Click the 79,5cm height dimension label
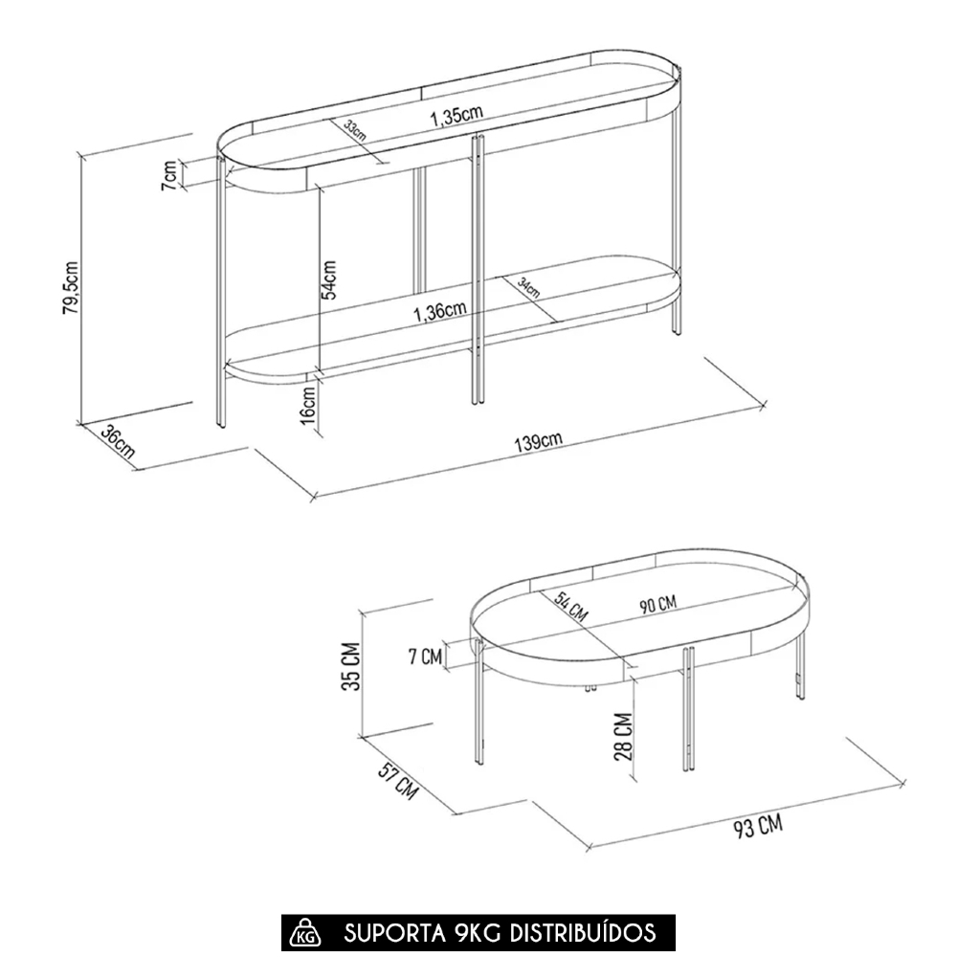coord(71,288)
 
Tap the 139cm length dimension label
coord(538,441)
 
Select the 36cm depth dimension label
coord(117,442)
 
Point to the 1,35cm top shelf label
coord(456,116)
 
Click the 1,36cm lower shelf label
coord(440,311)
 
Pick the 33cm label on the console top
coord(355,130)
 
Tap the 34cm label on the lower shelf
coord(528,287)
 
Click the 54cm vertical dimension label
coord(328,279)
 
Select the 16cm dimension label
coord(308,405)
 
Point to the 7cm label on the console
coord(169,175)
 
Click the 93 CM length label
coord(757,827)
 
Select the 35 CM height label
coord(351,666)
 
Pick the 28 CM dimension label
coord(623,737)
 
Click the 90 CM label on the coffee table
coord(658,605)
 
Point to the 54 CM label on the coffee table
coord(571,607)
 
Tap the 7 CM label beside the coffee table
coord(426,657)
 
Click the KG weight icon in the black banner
coord(305,933)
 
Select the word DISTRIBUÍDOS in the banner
coord(582,932)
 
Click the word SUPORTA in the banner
coord(395,933)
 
